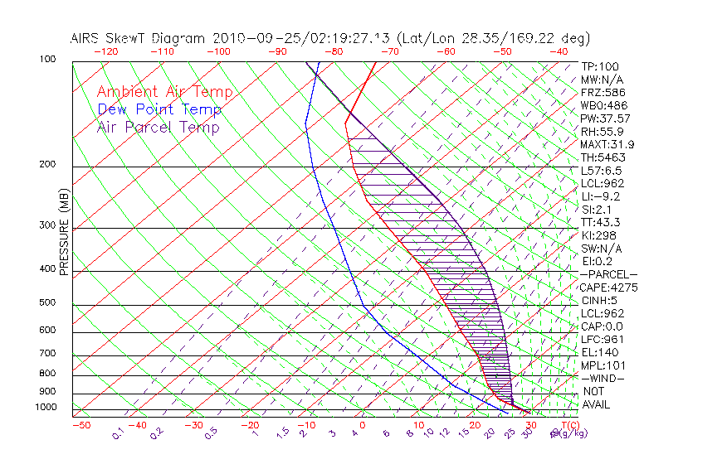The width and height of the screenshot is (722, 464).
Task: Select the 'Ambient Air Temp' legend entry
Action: point(164,92)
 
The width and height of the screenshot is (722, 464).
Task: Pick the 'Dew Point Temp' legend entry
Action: point(159,109)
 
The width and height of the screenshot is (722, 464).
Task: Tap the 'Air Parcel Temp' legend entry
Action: point(159,127)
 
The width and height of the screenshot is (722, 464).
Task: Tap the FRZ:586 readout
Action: point(603,93)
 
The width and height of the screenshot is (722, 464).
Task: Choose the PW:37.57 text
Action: point(606,118)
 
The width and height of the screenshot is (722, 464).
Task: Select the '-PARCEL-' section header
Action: point(609,274)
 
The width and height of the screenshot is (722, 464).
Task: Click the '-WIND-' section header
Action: point(603,378)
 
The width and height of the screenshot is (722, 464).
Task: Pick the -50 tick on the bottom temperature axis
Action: point(80,425)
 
